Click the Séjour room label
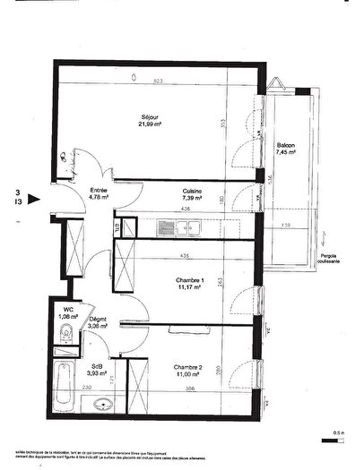149,118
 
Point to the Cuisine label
191,191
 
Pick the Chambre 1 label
189,280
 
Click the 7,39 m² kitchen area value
191,199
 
